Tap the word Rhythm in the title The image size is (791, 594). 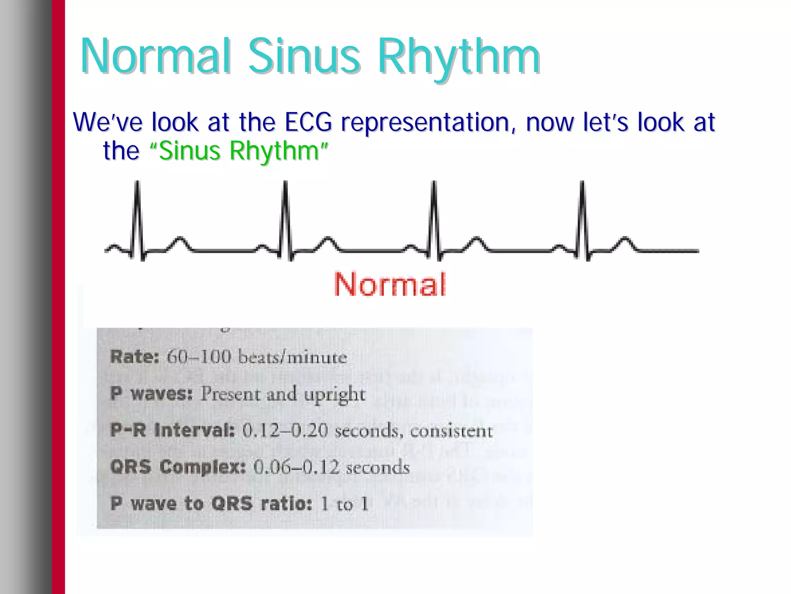point(459,57)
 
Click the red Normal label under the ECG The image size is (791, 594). point(390,285)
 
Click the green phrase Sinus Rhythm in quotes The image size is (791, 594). point(239,151)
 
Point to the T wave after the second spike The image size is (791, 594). point(328,240)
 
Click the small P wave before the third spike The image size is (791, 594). point(411,246)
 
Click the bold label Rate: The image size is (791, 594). point(134,356)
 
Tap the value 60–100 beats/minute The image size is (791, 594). point(256,356)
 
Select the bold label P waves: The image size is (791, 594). point(151,394)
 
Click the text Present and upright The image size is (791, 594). point(283,394)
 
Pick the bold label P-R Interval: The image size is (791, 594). point(172,430)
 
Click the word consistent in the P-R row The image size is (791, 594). point(451,431)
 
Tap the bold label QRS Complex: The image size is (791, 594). point(178,467)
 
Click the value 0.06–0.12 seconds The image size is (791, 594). point(331,467)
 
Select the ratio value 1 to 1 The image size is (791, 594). point(345,504)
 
